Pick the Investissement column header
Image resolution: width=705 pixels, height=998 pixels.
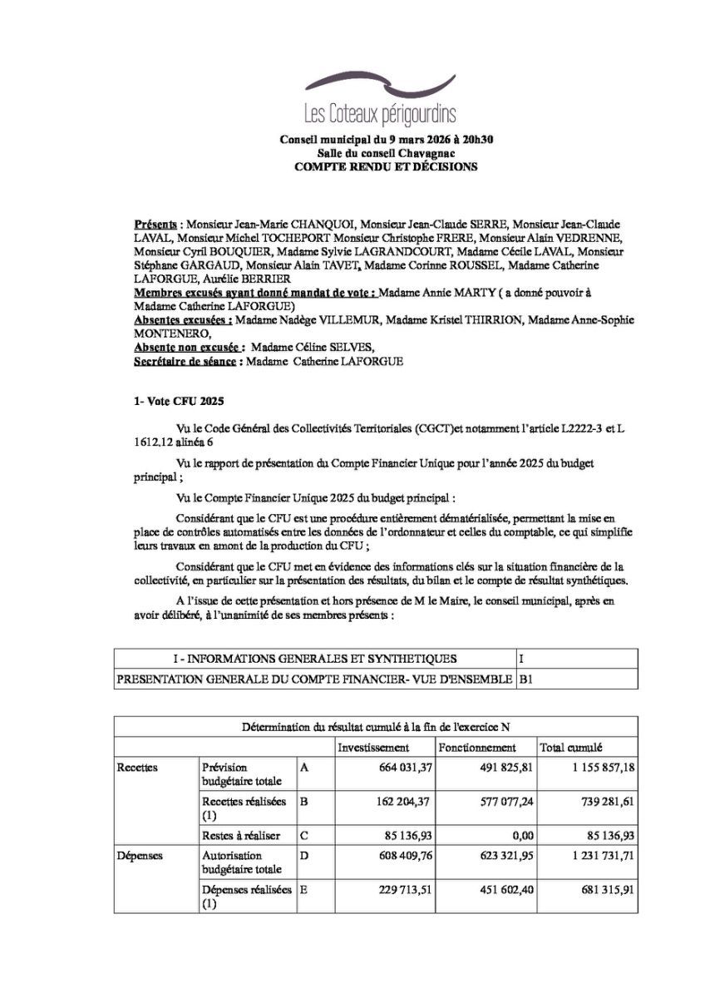[373, 748]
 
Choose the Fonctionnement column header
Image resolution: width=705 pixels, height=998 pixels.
[477, 748]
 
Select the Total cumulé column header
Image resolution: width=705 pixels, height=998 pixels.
[571, 748]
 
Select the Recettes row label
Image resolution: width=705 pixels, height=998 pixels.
[138, 768]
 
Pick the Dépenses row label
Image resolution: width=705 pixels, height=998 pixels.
[140, 856]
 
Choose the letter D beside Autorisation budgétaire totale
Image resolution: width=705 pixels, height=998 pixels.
[304, 856]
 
